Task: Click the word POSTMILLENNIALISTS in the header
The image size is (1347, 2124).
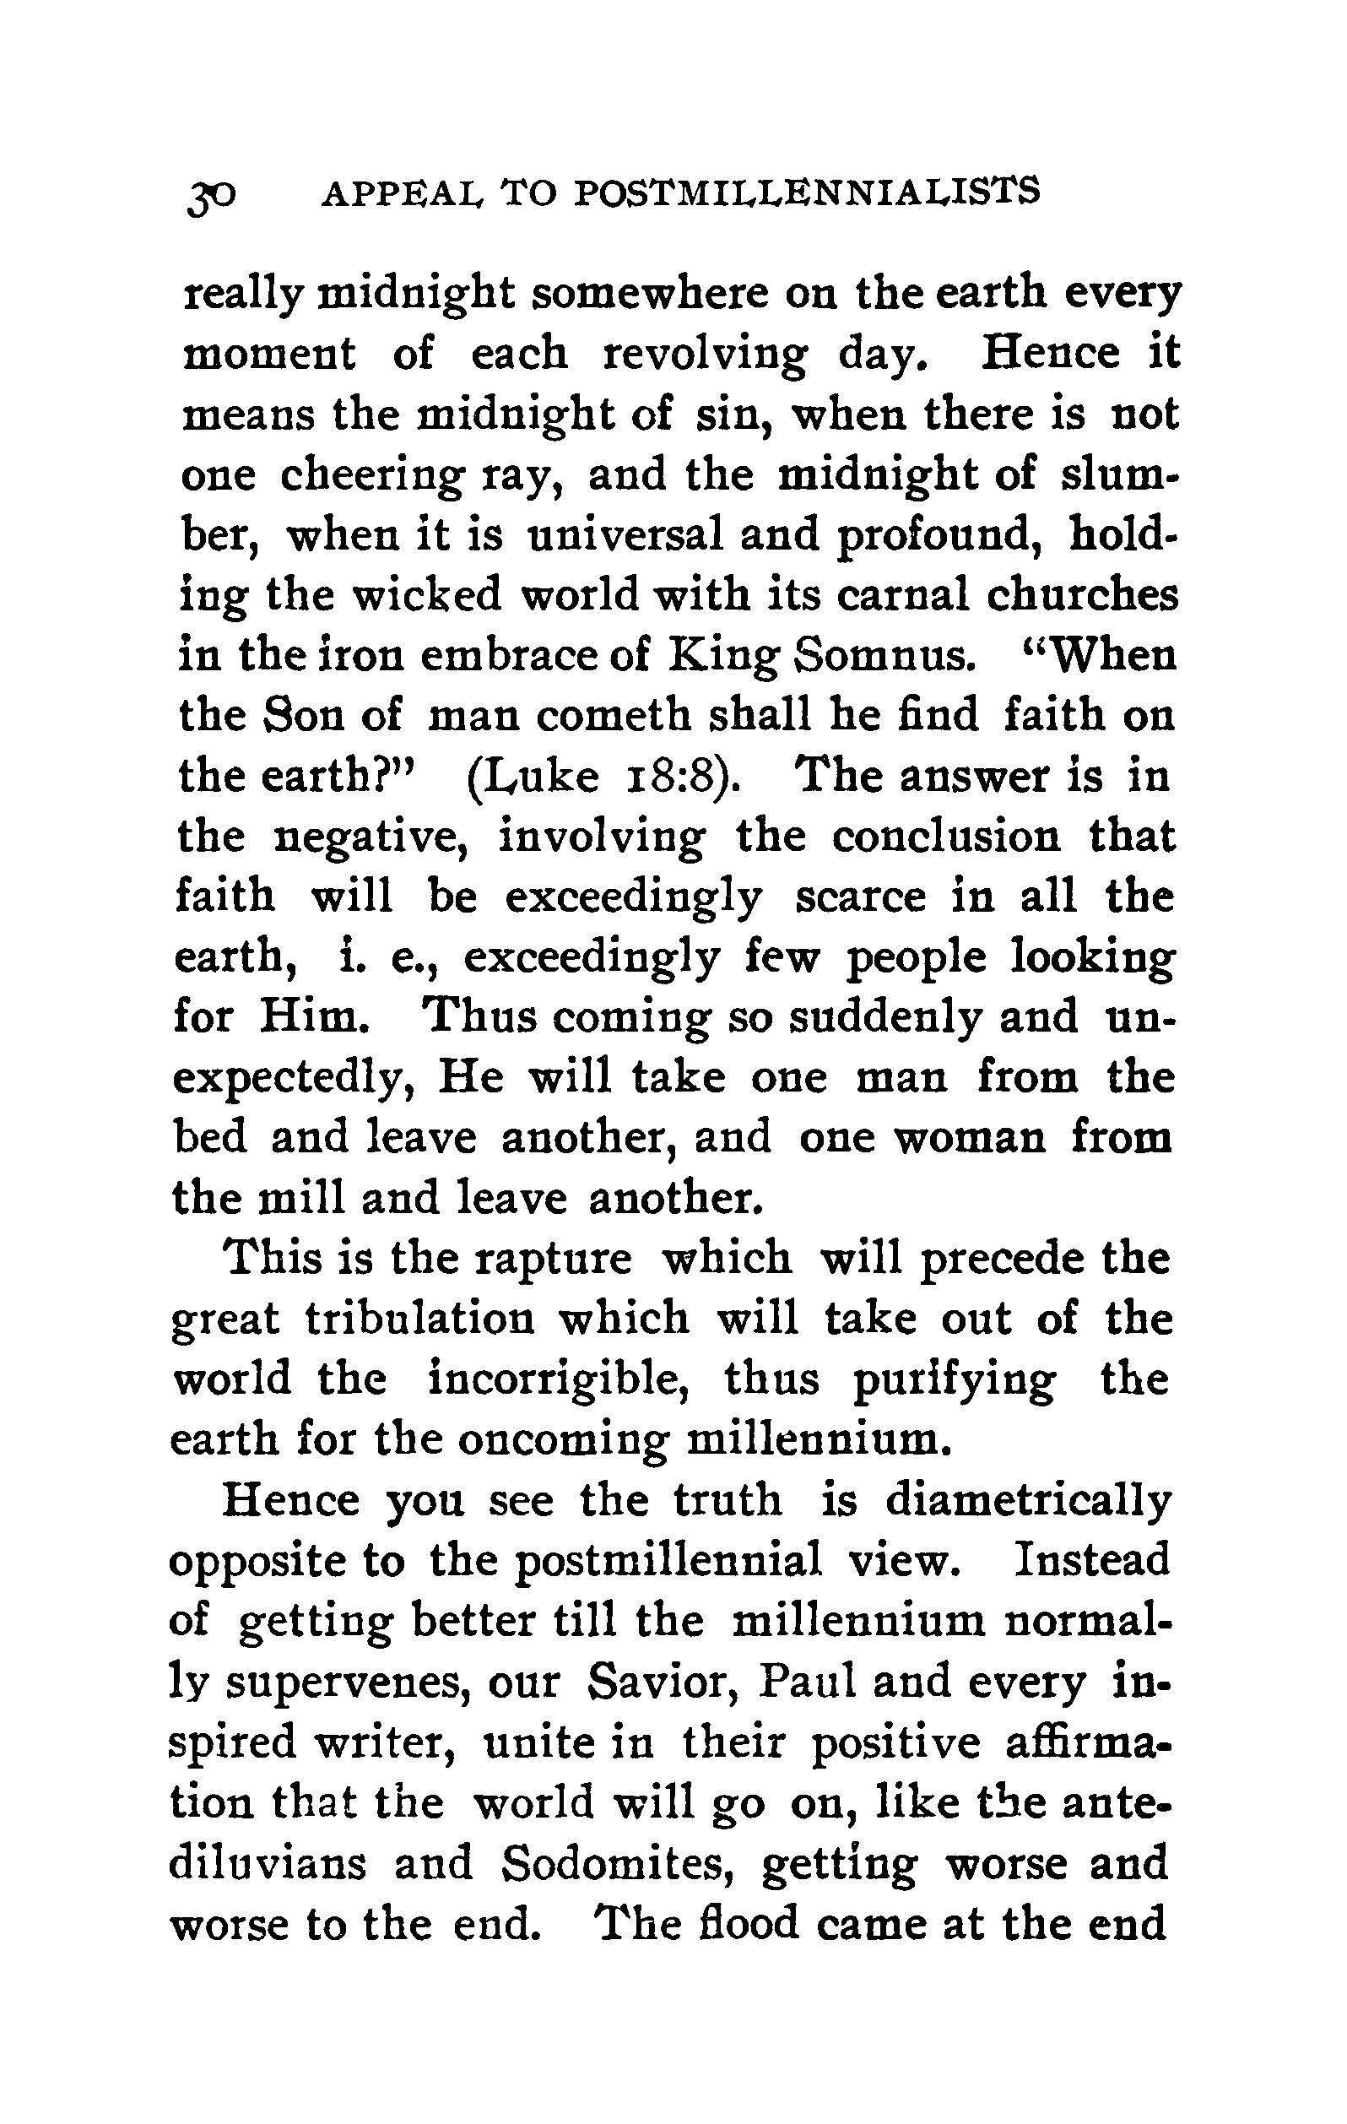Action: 806,192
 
